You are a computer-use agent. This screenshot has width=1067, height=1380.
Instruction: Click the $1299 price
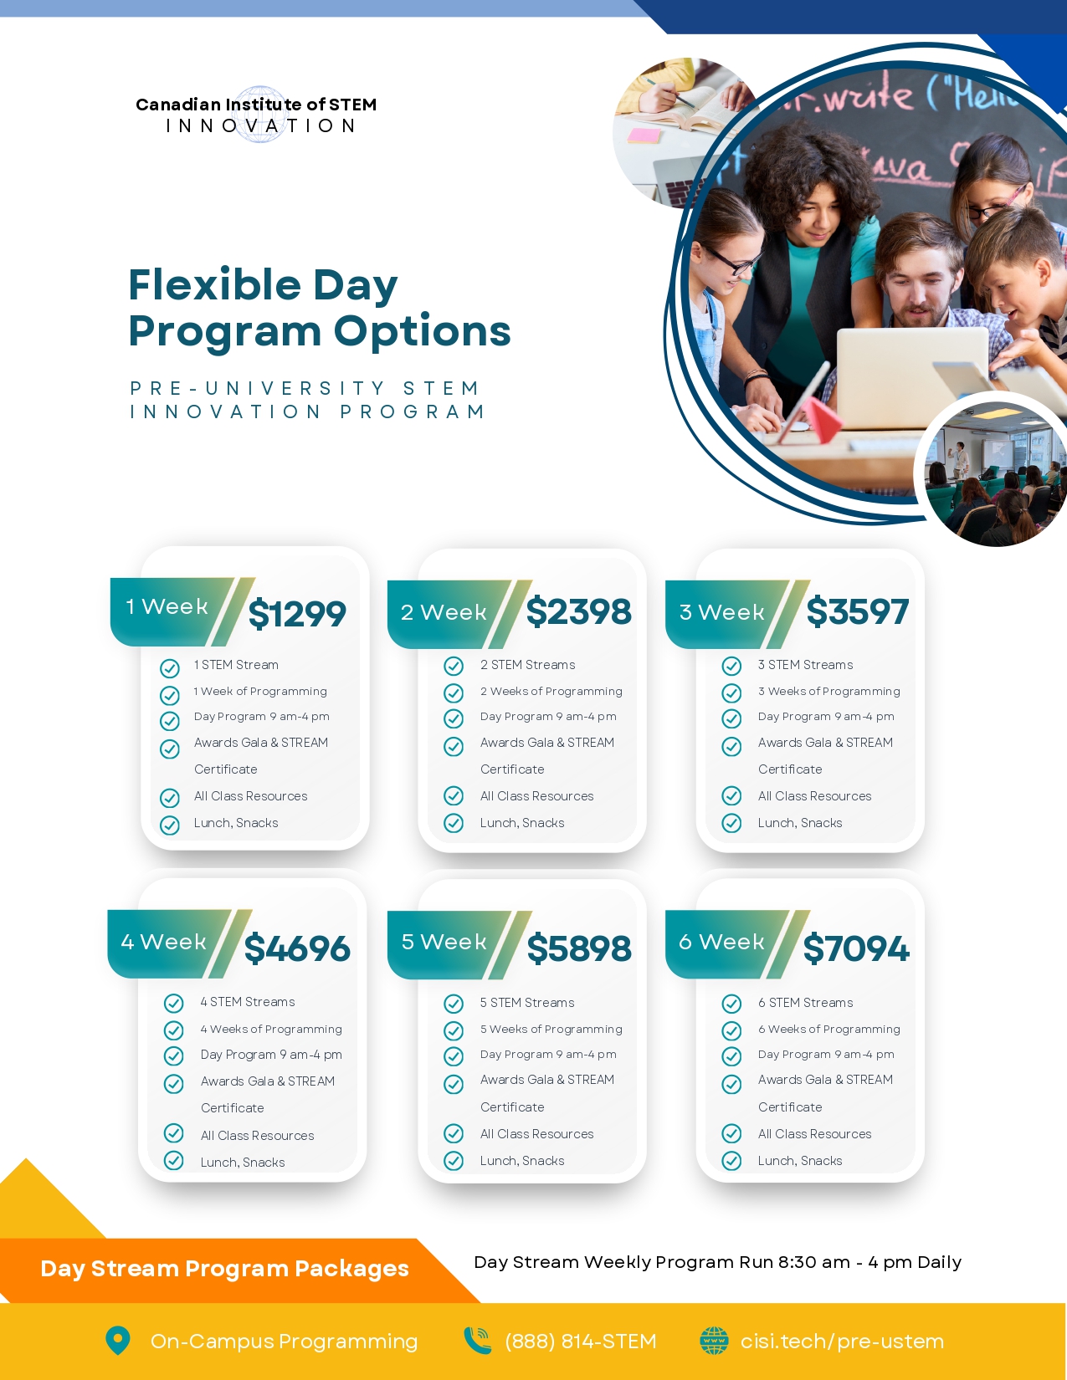click(x=297, y=614)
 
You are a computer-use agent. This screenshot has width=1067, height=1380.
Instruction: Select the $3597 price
click(x=857, y=611)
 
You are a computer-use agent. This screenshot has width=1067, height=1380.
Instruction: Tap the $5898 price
click(x=579, y=948)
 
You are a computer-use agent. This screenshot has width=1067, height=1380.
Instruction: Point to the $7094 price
click(x=856, y=948)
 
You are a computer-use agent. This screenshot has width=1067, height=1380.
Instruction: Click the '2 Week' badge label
click(x=444, y=612)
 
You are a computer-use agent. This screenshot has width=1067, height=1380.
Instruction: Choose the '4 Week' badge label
click(x=163, y=941)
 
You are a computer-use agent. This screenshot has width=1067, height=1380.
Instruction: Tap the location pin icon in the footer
click(x=117, y=1340)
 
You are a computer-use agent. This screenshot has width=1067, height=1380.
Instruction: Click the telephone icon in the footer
click(x=477, y=1340)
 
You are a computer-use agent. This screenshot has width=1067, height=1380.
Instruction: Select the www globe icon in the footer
click(x=715, y=1340)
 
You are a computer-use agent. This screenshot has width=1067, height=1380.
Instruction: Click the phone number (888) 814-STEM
click(x=580, y=1341)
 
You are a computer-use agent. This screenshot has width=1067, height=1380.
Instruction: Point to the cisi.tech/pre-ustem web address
click(x=842, y=1341)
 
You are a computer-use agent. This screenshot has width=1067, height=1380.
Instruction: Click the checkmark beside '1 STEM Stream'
click(x=170, y=668)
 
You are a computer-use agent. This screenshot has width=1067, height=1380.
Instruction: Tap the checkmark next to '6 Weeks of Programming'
click(x=731, y=1030)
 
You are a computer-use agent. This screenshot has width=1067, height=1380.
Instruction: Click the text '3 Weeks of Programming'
click(x=828, y=691)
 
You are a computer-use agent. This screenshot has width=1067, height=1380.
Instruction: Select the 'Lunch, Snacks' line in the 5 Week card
click(x=521, y=1160)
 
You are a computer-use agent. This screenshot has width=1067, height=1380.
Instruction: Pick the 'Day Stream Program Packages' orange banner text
click(x=224, y=1268)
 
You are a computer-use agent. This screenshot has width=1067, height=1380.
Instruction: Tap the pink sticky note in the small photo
click(x=644, y=135)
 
